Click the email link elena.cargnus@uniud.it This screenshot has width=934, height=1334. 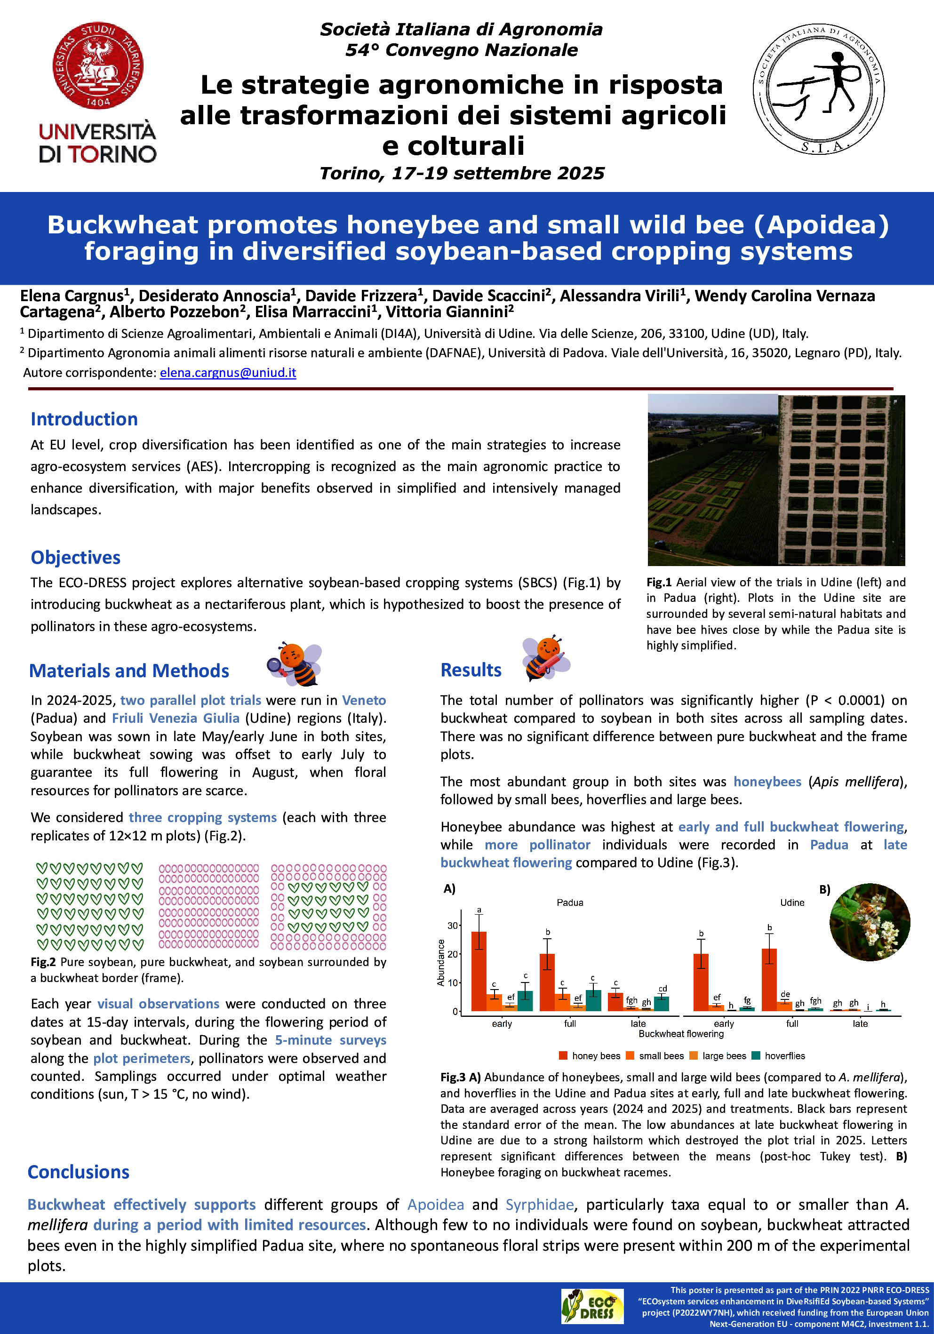tap(228, 372)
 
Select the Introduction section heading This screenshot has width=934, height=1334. tap(84, 419)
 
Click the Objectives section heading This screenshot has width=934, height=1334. tap(75, 557)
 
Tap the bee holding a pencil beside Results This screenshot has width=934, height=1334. tap(545, 658)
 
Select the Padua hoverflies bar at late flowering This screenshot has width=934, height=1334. tap(662, 1003)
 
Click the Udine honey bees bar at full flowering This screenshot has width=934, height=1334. tap(769, 980)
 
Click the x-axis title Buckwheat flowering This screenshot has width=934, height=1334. tap(681, 1034)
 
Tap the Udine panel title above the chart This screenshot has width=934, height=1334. tap(792, 903)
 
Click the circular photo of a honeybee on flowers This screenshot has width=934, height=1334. tap(869, 922)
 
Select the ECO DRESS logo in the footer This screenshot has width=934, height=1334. tap(592, 1306)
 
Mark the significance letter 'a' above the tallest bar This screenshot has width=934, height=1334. tap(479, 910)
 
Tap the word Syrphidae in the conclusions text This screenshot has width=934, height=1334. tap(539, 1205)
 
